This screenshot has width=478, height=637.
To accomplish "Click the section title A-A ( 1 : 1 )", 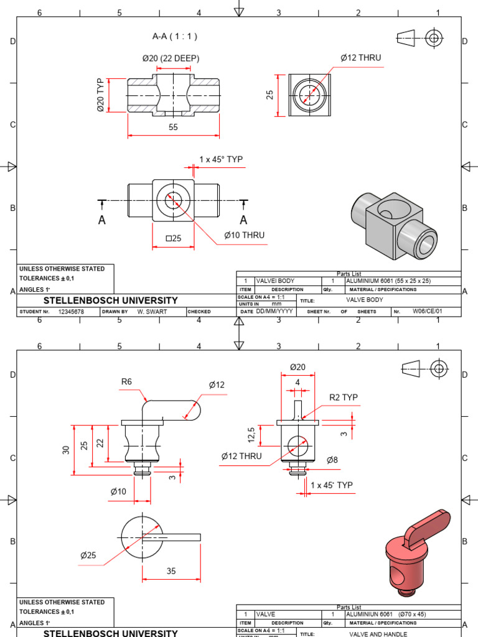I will [x=175, y=36].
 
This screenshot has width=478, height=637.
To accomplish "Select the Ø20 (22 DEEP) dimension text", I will [x=170, y=58].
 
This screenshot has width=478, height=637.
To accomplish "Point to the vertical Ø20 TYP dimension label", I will [x=101, y=95].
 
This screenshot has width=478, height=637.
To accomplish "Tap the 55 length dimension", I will [x=173, y=126].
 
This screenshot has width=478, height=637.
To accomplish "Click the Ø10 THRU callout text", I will [x=244, y=235].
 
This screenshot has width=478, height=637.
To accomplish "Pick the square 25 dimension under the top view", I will [x=173, y=238].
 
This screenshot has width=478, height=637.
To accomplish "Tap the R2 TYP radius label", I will [x=344, y=398].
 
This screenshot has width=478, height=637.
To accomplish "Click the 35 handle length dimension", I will [x=171, y=571].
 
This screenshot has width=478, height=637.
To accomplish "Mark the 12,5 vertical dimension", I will [x=251, y=435].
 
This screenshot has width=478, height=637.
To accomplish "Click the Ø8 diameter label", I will [x=333, y=460].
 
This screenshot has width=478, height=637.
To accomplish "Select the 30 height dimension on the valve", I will [x=66, y=450].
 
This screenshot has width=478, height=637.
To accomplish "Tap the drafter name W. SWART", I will [x=150, y=312].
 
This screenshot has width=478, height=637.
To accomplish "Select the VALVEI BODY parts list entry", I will [x=275, y=281].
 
